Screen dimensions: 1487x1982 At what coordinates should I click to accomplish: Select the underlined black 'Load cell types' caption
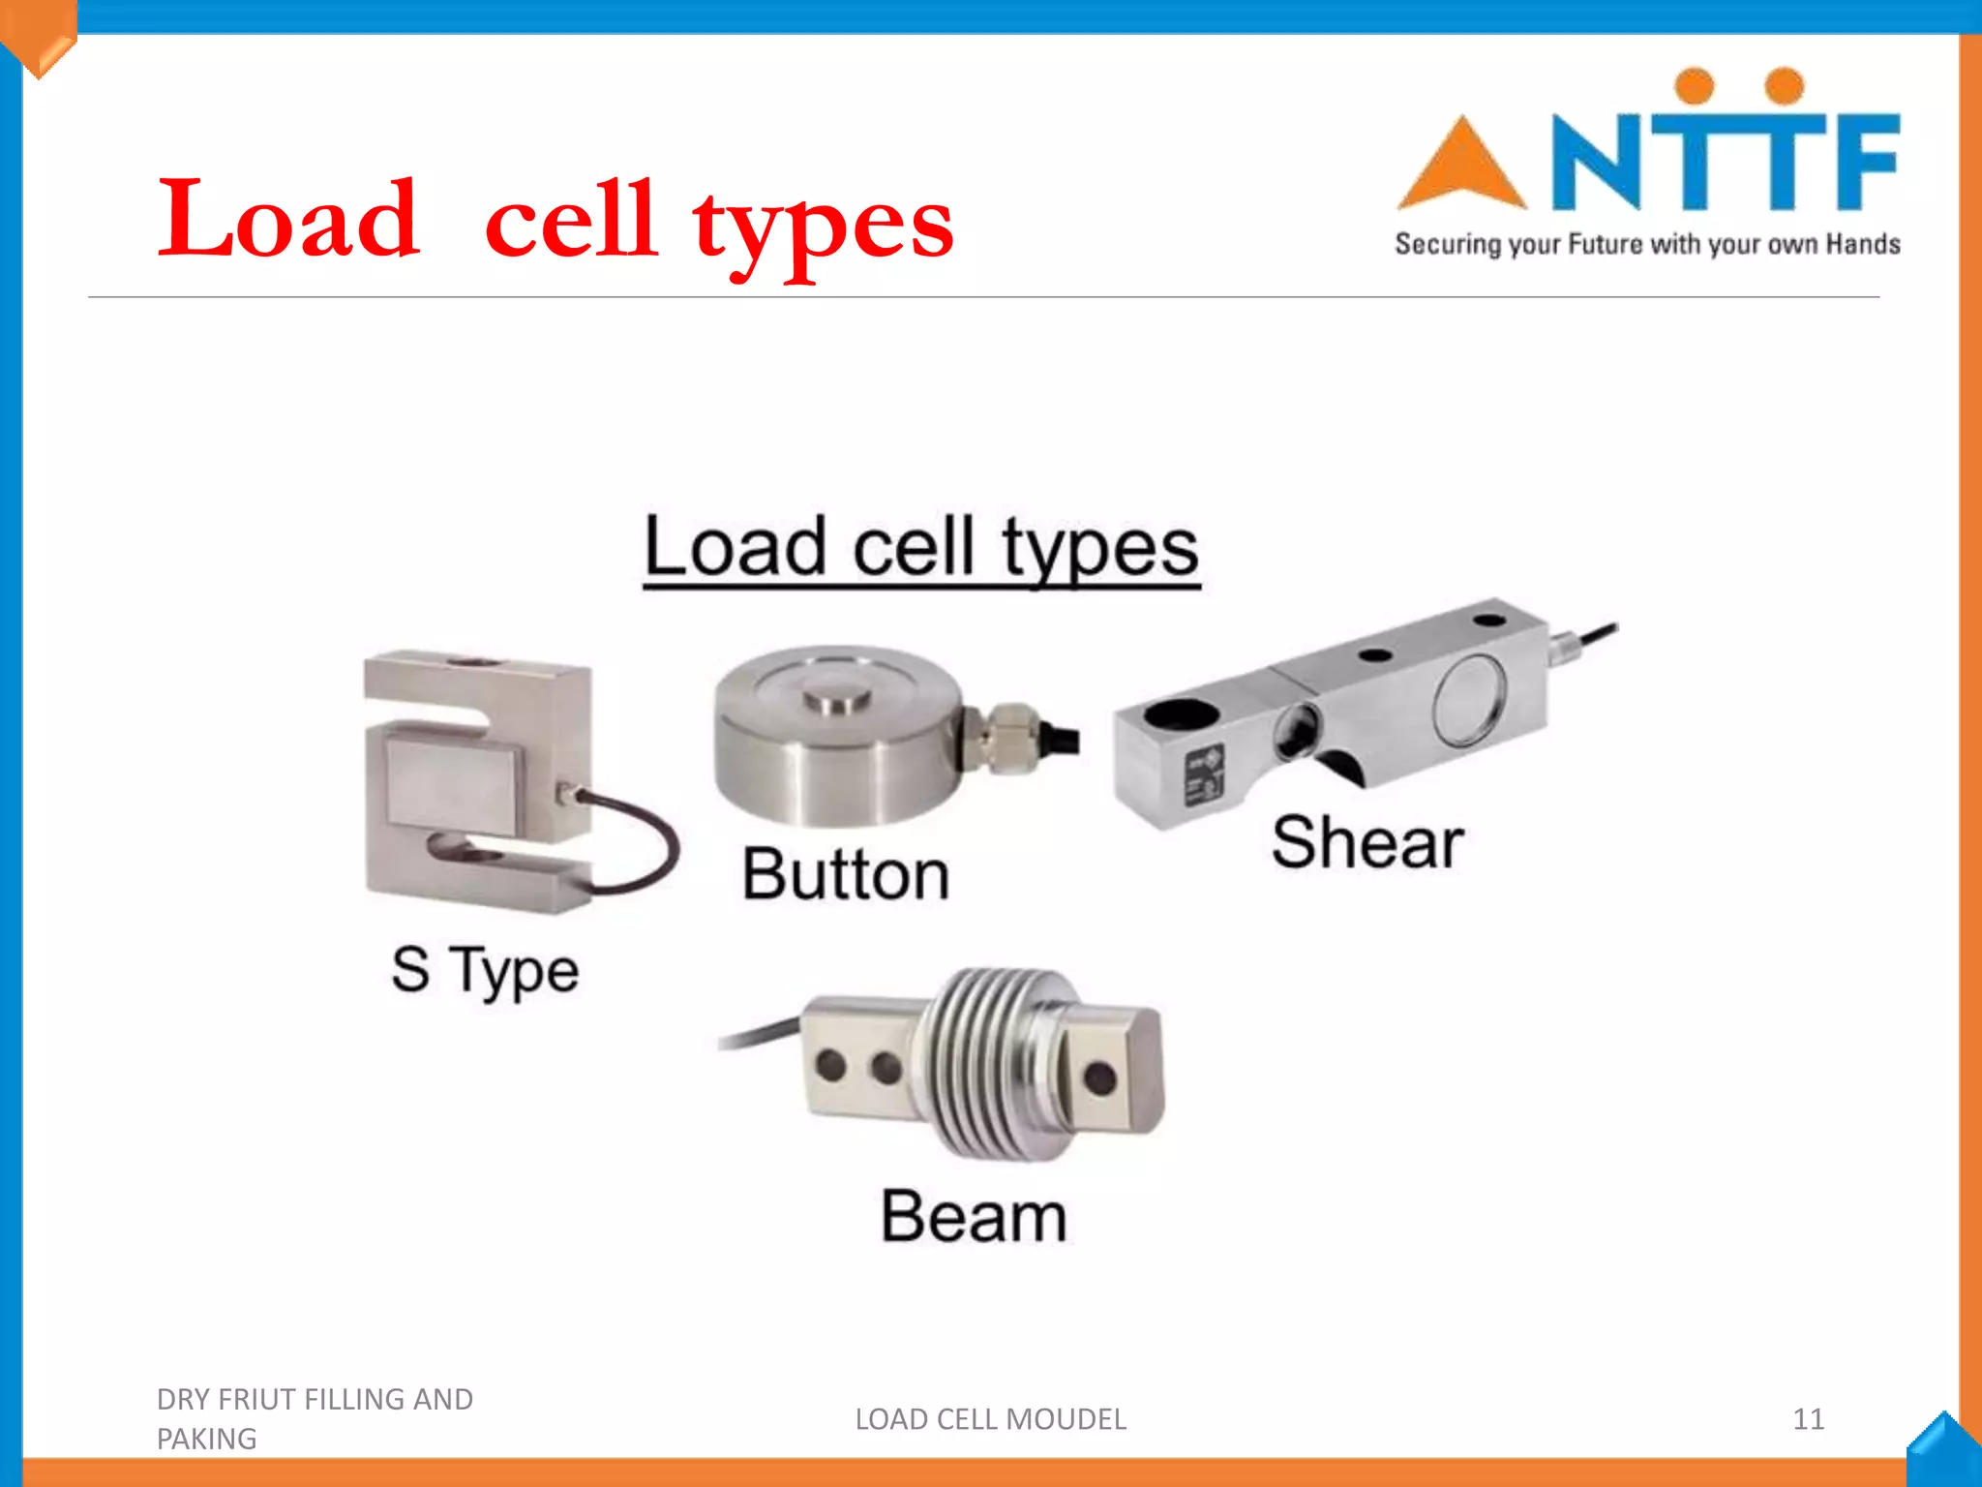point(921,548)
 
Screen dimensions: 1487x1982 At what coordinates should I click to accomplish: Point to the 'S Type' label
point(485,970)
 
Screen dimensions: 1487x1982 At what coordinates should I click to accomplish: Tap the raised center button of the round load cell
point(837,696)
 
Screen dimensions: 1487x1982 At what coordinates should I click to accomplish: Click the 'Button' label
point(846,874)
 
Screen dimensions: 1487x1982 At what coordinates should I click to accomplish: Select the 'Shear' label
point(1366,842)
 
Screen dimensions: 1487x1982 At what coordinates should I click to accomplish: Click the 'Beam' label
point(974,1216)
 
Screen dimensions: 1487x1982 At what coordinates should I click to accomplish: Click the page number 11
point(1808,1419)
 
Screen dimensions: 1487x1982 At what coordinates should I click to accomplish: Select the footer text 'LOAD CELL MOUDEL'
point(990,1419)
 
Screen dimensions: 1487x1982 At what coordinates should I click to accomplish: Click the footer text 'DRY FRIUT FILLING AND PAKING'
point(315,1418)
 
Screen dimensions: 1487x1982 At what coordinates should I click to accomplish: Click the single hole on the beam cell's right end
point(1099,1077)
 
